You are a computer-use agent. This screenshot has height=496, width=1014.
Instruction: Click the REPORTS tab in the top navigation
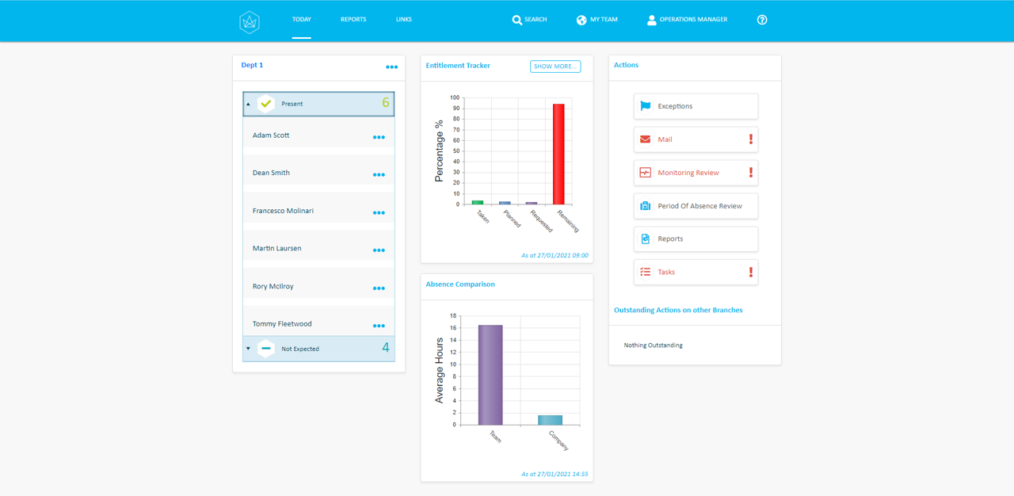[x=353, y=20]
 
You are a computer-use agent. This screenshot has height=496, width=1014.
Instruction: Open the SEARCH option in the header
[x=529, y=20]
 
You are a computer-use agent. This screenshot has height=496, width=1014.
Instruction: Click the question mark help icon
[x=762, y=20]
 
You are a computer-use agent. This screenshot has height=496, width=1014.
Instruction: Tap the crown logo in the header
[x=250, y=21]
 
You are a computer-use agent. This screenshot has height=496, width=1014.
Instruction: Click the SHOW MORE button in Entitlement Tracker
[x=555, y=67]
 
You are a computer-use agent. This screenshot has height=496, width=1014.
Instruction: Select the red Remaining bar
[x=558, y=154]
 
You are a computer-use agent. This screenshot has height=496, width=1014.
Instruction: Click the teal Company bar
[x=550, y=420]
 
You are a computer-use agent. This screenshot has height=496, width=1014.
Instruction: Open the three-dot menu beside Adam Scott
[x=379, y=137]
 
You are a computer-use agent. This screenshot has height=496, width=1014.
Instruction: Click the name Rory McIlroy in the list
[x=273, y=286]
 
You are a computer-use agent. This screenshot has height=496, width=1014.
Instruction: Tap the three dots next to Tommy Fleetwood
[x=379, y=326]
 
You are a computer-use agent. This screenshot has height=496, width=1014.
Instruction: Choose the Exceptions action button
[x=696, y=106]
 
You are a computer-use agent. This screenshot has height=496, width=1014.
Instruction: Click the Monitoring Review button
[x=696, y=173]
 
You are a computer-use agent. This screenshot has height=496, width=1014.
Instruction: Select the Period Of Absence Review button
[x=696, y=206]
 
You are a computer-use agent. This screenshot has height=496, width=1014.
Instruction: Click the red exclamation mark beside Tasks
[x=751, y=272]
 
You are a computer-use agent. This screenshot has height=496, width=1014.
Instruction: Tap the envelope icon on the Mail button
[x=646, y=139]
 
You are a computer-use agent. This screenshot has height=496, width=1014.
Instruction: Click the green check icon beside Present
[x=266, y=104]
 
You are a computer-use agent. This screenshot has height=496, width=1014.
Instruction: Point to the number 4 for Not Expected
[x=386, y=348]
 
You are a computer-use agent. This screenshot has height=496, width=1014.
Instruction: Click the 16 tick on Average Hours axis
[x=454, y=328]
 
